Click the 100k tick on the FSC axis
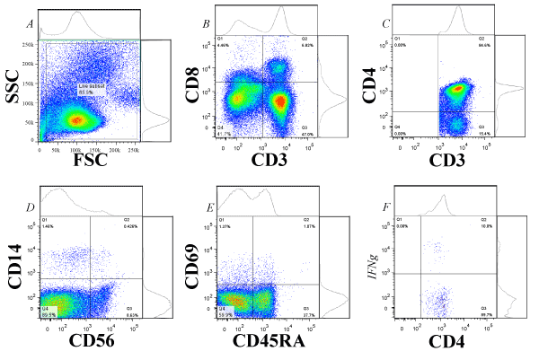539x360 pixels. (88, 148)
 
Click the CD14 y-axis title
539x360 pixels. (16, 268)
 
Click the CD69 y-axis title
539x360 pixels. (191, 268)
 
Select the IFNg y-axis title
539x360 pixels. (372, 267)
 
